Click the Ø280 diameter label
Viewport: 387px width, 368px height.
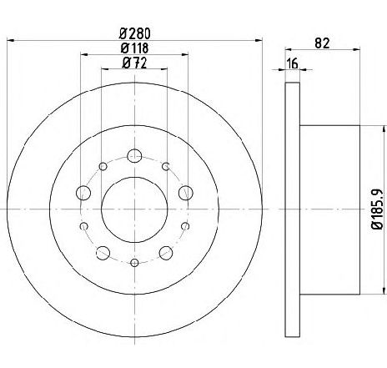pos(134,33)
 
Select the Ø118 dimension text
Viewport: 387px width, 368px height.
pos(134,49)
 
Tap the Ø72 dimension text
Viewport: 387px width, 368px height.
pos(134,63)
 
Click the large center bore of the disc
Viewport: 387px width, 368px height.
pos(134,209)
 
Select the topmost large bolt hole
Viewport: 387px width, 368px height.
pos(134,154)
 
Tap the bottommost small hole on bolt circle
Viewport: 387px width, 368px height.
pos(134,263)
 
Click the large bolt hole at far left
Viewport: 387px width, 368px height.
pos(83,194)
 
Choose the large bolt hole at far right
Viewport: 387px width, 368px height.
pos(185,194)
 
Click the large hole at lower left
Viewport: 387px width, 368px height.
pos(103,252)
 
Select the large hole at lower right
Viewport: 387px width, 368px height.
pos(166,252)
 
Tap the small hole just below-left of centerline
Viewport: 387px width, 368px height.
pos(83,225)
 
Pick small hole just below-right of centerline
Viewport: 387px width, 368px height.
pos(185,225)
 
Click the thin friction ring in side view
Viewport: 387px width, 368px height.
pos(292,209)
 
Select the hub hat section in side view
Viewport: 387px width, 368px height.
pos(329,209)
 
